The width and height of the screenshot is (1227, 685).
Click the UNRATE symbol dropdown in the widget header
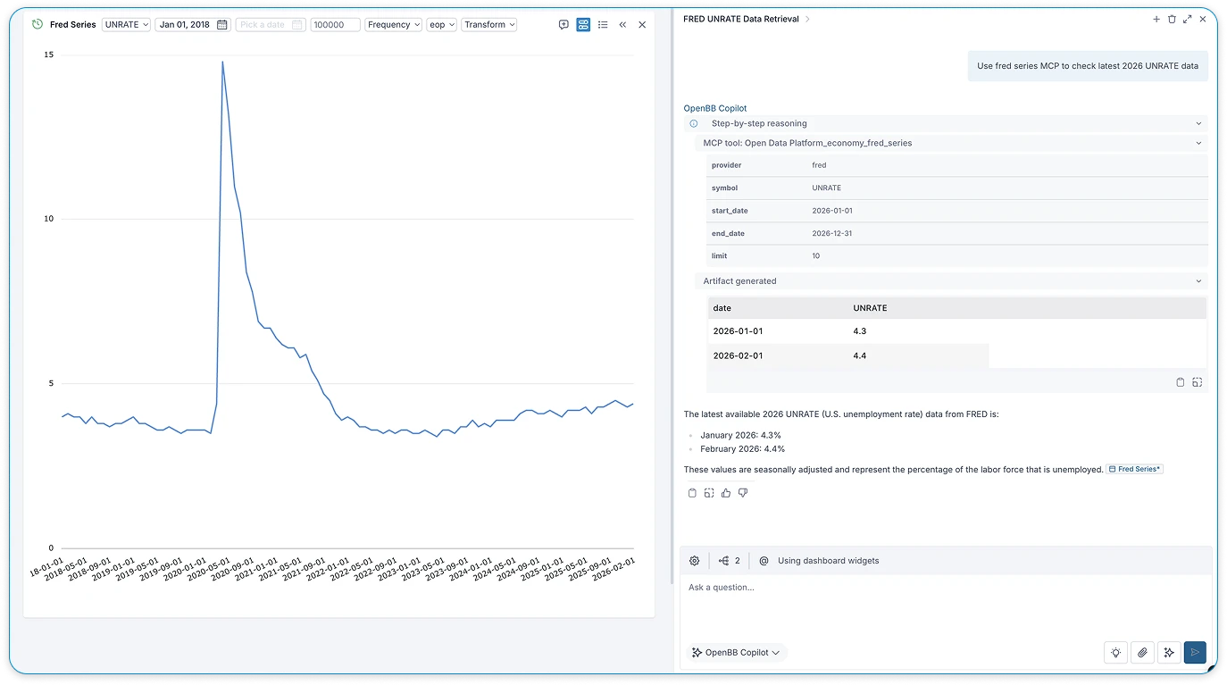click(x=126, y=25)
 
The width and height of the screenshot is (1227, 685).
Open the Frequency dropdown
click(x=393, y=25)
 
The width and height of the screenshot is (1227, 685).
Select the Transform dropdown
click(x=488, y=25)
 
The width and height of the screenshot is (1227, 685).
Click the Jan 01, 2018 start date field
click(x=192, y=25)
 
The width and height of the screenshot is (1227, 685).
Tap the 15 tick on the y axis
click(x=48, y=55)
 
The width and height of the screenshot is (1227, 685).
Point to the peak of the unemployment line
click(x=222, y=62)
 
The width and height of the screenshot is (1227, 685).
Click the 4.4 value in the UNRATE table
click(x=860, y=355)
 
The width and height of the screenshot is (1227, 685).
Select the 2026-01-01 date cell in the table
click(x=738, y=331)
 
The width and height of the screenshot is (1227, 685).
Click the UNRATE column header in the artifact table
click(x=870, y=308)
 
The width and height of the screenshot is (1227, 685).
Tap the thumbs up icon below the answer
click(x=726, y=493)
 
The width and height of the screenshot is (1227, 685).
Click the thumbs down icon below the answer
click(x=743, y=493)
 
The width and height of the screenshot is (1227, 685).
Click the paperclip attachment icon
click(x=1142, y=653)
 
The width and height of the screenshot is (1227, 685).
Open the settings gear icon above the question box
click(x=695, y=561)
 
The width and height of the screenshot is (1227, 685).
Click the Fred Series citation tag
click(x=1135, y=469)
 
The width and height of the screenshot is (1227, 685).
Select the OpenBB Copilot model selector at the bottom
click(x=737, y=653)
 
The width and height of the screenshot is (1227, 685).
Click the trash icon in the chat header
click(x=1172, y=19)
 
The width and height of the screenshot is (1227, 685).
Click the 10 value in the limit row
click(x=816, y=256)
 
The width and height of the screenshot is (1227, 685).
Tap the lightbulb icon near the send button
click(x=1115, y=653)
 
